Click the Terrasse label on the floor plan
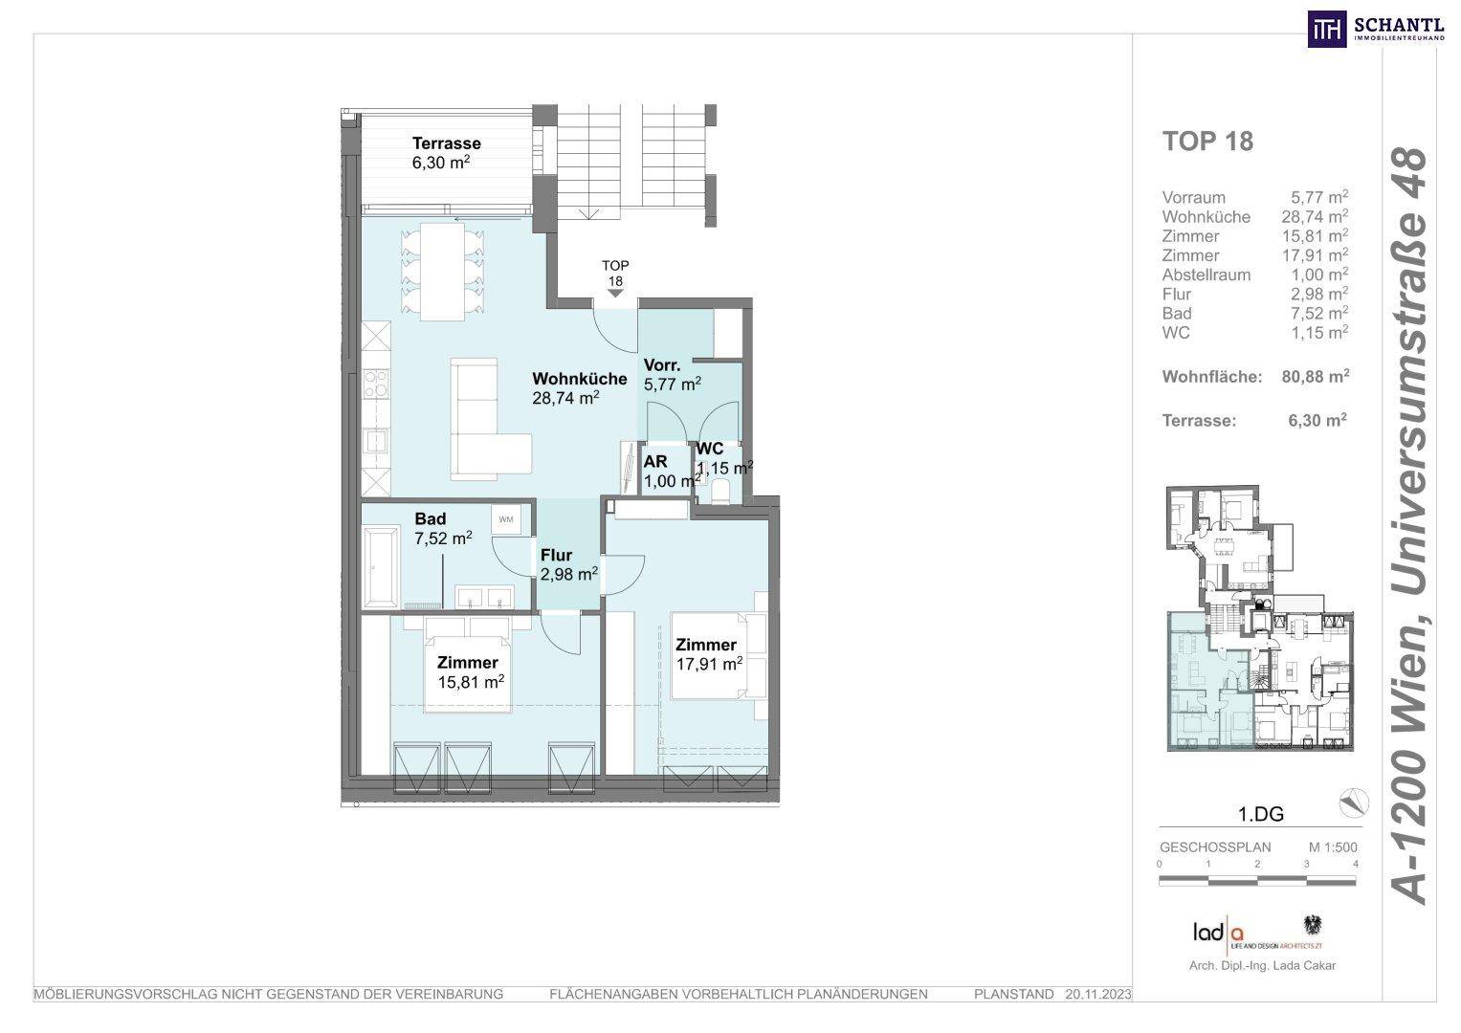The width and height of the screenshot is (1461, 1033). pyautogui.click(x=446, y=143)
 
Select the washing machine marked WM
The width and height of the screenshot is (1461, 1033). pyautogui.click(x=505, y=519)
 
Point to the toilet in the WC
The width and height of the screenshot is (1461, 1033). pyautogui.click(x=720, y=491)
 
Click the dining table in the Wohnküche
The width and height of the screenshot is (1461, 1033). pyautogui.click(x=442, y=272)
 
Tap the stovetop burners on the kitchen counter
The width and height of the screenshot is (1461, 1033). pyautogui.click(x=376, y=383)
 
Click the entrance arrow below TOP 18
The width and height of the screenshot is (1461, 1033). pyautogui.click(x=615, y=294)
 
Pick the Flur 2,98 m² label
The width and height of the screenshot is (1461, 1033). pyautogui.click(x=568, y=564)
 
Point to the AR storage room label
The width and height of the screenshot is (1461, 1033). pyautogui.click(x=655, y=462)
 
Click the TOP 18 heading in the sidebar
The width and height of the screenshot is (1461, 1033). pyautogui.click(x=1207, y=142)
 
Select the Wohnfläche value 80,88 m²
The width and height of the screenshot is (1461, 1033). pyautogui.click(x=1315, y=376)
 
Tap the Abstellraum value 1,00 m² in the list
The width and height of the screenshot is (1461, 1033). pyautogui.click(x=1319, y=275)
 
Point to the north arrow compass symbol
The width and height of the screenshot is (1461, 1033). pyautogui.click(x=1354, y=802)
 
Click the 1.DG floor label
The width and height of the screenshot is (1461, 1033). pyautogui.click(x=1261, y=814)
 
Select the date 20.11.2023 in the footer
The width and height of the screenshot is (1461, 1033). pyautogui.click(x=1098, y=995)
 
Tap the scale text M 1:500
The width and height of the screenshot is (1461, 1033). pyautogui.click(x=1333, y=847)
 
